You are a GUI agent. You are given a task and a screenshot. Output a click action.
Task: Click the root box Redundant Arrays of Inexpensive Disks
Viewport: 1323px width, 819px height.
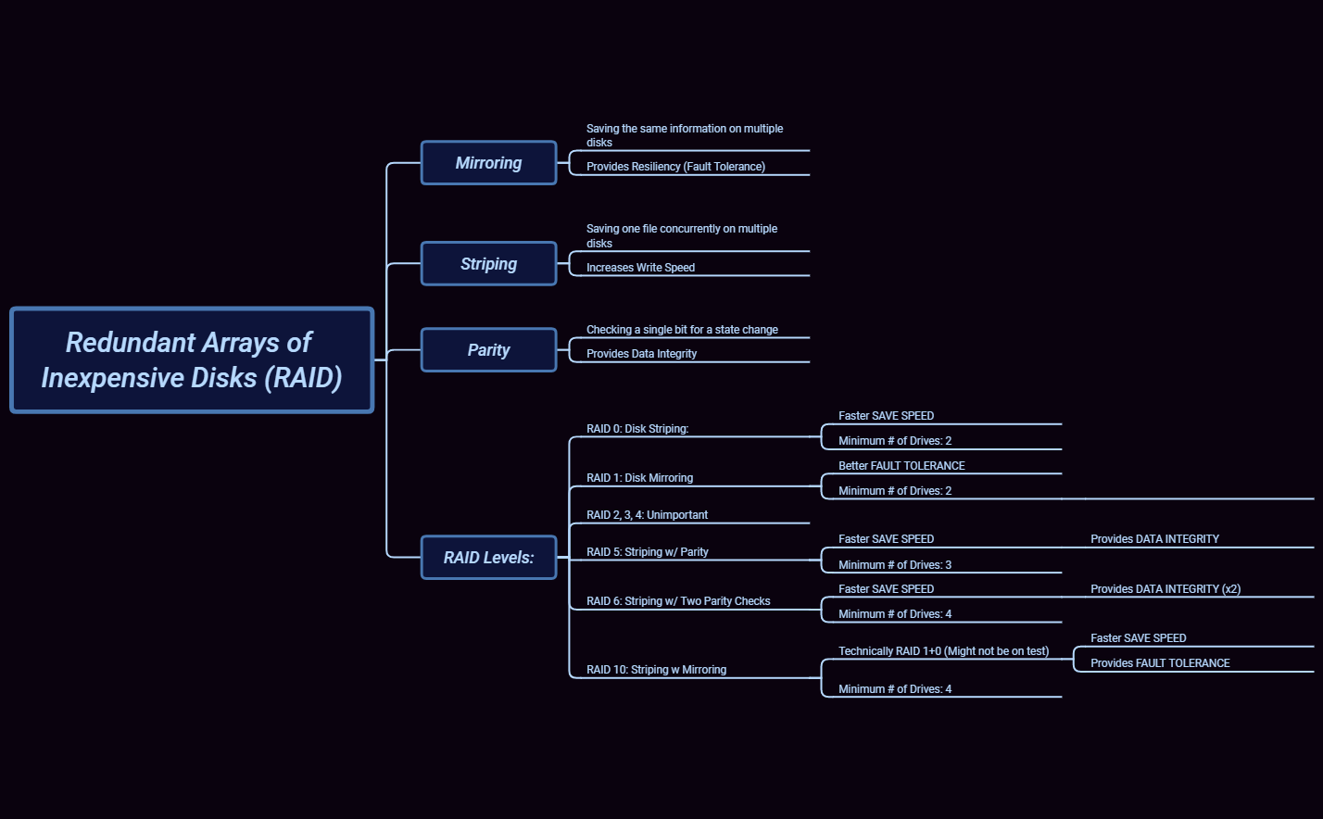[x=192, y=359]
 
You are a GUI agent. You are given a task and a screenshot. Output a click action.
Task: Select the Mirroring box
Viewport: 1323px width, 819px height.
[x=488, y=163]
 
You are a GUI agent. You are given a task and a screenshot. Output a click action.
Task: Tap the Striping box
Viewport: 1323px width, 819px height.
[x=488, y=264]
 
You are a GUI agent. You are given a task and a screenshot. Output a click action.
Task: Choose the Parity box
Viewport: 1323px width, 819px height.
[x=488, y=350]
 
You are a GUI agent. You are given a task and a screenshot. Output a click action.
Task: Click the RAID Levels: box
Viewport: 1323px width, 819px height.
[x=488, y=558]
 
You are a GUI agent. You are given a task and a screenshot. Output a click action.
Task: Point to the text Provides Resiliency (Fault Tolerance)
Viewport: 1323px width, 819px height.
[x=675, y=167]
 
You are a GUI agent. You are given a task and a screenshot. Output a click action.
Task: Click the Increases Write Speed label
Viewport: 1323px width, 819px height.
[x=640, y=268]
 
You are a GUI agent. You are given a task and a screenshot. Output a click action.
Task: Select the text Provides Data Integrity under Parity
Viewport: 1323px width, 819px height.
[x=641, y=354]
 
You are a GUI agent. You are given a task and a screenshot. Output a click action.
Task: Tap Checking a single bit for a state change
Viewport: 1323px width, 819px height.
[x=682, y=330]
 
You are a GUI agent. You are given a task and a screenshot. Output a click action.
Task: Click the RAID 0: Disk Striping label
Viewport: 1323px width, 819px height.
[x=637, y=429]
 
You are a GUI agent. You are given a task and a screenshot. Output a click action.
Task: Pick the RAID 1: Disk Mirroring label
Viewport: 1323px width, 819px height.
[x=639, y=478]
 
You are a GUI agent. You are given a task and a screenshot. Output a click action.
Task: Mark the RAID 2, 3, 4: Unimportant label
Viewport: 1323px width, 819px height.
[x=647, y=515]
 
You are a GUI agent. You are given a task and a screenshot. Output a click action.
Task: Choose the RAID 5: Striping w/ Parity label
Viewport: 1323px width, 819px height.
[x=647, y=552]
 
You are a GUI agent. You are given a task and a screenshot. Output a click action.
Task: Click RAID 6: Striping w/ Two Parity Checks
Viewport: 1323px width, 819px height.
[x=678, y=601]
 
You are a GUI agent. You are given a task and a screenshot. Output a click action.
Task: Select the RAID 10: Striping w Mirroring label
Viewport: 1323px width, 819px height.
[x=656, y=670]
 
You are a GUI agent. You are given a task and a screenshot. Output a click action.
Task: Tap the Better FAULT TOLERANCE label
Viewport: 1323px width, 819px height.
[x=901, y=466]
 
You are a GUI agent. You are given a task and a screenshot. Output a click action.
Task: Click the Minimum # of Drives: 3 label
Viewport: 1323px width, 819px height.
[x=895, y=565]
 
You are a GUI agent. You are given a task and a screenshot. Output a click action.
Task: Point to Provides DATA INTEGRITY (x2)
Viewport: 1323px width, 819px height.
[x=1165, y=589]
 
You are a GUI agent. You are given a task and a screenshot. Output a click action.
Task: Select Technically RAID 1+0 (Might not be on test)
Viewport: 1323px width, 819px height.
[x=943, y=651]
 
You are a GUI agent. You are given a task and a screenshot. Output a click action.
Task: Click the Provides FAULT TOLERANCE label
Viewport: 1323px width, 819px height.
[x=1160, y=663]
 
